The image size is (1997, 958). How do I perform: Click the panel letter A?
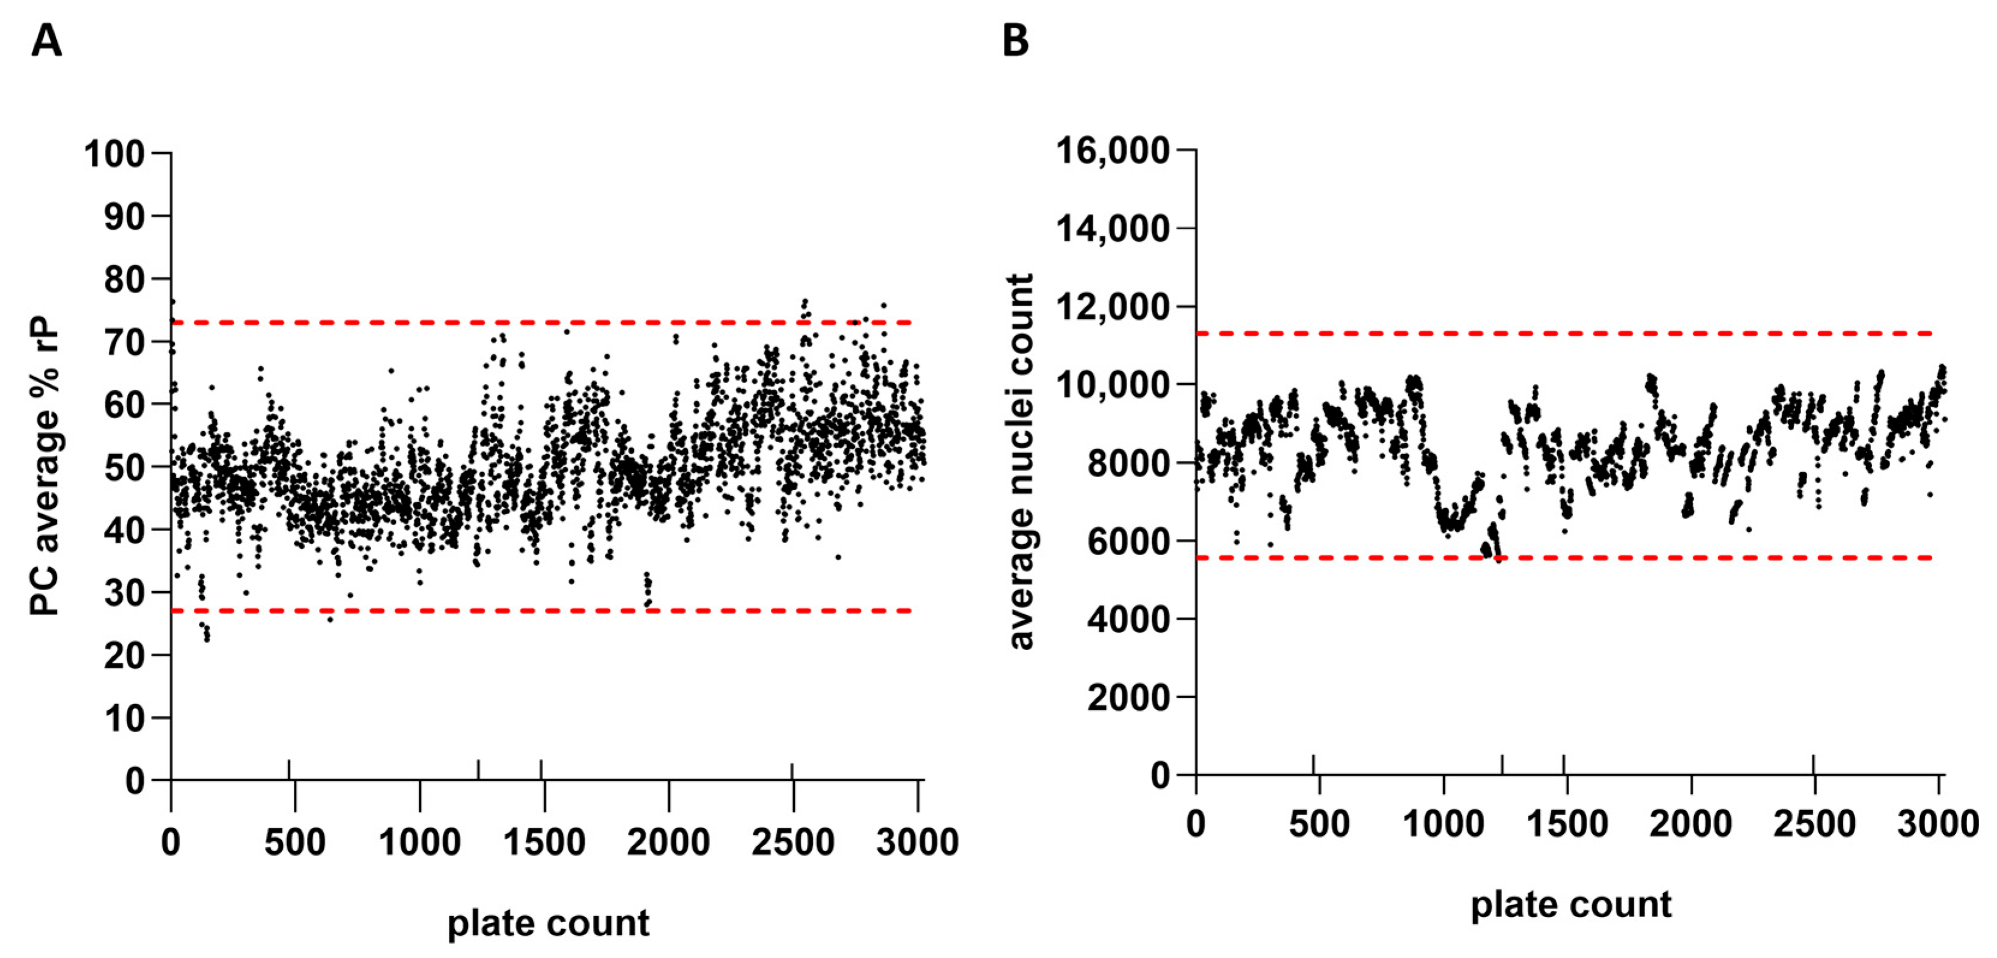tap(46, 40)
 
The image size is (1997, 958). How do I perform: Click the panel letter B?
tap(1015, 40)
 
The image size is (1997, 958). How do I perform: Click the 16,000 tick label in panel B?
tap(1113, 150)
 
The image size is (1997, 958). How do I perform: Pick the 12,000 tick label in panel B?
tap(1113, 307)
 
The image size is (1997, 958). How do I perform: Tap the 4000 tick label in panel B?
tap(1127, 619)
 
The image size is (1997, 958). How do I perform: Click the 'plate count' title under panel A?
tap(548, 923)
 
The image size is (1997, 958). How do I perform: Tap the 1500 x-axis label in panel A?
tap(544, 842)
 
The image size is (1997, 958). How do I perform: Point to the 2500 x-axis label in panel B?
tap(1814, 823)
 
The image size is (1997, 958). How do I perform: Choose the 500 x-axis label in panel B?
tap(1319, 823)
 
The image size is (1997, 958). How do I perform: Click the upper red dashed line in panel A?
tap(543, 322)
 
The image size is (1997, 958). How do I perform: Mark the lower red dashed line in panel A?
tap(543, 610)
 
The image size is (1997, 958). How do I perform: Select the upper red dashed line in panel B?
tap(1566, 334)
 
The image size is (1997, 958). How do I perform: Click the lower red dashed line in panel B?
tap(1566, 557)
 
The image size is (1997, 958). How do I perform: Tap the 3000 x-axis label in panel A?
tap(917, 842)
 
